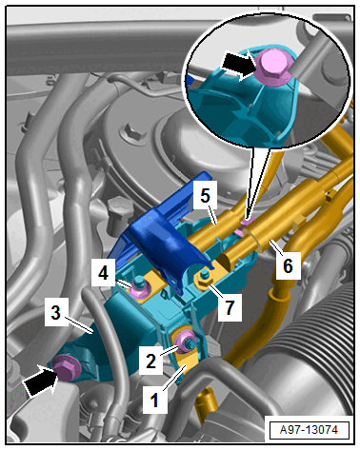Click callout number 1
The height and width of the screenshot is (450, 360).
(155, 400)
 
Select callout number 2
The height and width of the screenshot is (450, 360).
(151, 361)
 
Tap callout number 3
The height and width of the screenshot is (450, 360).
(56, 312)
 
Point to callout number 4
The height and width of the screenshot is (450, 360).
(103, 273)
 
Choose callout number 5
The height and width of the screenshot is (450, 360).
(205, 195)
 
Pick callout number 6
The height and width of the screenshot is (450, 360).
(288, 265)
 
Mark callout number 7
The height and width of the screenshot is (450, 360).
(230, 306)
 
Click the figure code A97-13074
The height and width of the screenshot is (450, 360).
(309, 430)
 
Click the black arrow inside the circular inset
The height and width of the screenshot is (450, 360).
(237, 66)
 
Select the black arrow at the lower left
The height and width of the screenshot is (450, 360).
(41, 380)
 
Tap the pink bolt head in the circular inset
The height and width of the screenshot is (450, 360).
(273, 67)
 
